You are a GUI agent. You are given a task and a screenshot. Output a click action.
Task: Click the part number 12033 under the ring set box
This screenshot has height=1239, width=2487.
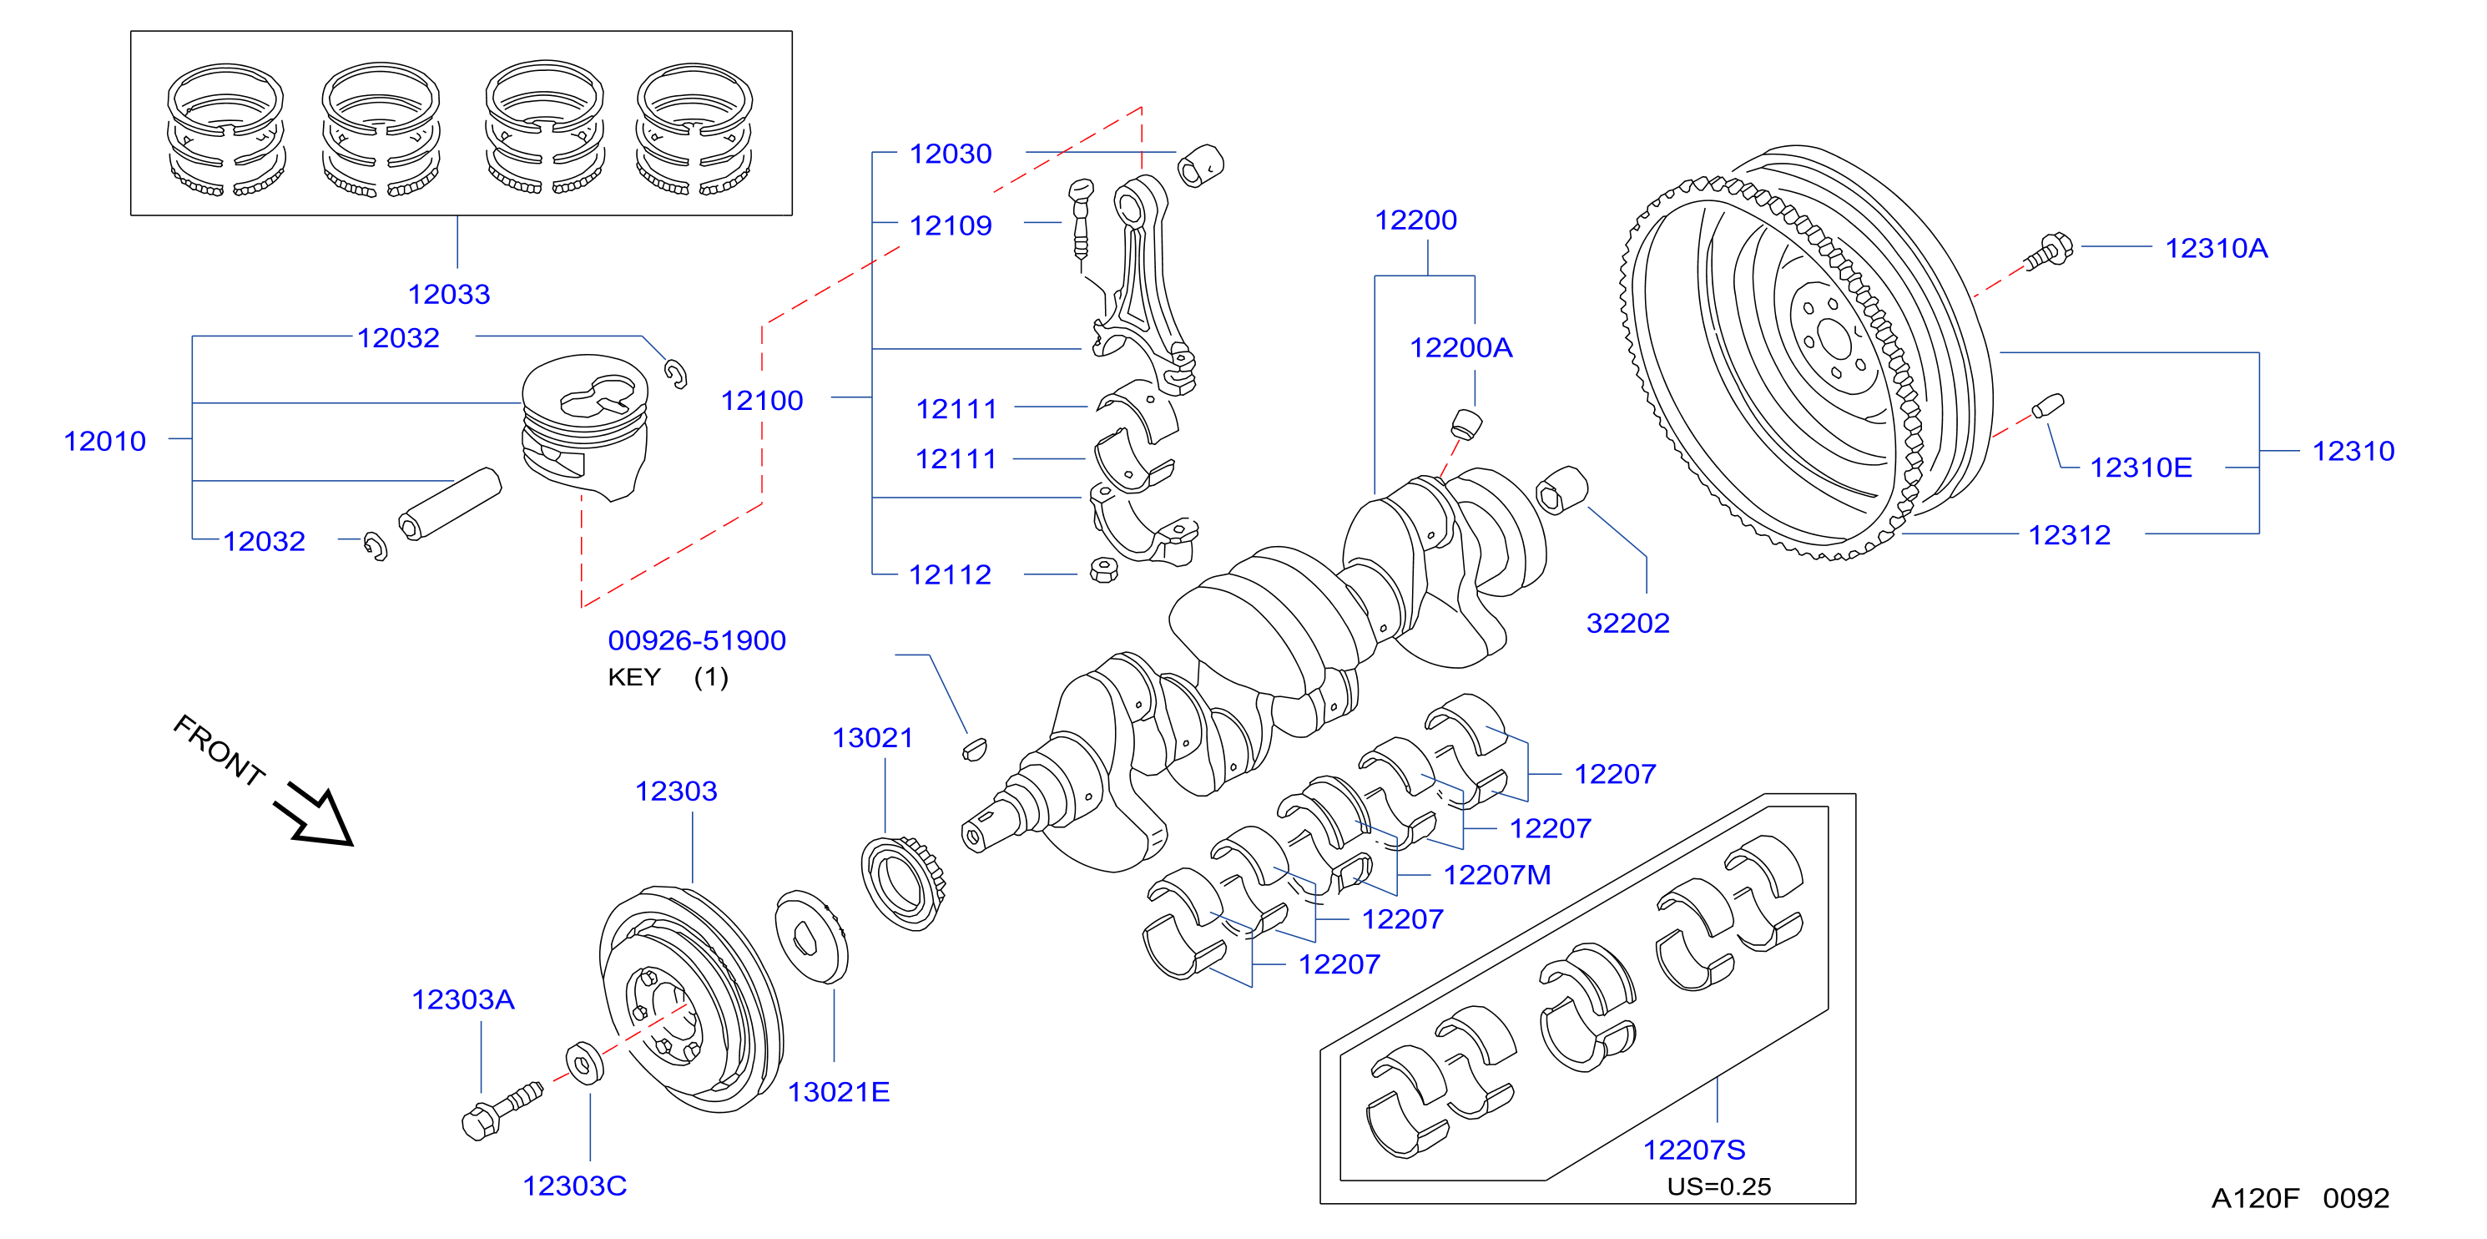[x=449, y=294]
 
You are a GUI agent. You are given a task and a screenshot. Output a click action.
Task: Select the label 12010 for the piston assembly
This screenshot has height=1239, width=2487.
[x=104, y=442]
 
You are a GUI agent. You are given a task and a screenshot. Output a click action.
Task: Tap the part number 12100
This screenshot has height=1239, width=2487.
[x=762, y=401]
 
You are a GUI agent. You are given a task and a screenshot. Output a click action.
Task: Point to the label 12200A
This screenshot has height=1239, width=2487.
[x=1460, y=347]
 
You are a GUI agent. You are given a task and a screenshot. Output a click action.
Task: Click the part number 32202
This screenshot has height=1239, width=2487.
[x=1627, y=623]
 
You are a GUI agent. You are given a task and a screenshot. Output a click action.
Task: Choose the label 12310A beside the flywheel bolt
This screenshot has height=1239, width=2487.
[x=2217, y=248]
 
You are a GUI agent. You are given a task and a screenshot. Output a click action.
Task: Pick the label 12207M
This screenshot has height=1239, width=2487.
[x=1496, y=875]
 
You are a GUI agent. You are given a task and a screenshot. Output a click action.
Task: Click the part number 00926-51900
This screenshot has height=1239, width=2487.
[x=696, y=640]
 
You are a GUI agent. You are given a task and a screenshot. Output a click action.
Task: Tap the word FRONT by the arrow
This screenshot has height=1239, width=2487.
[x=219, y=751]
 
